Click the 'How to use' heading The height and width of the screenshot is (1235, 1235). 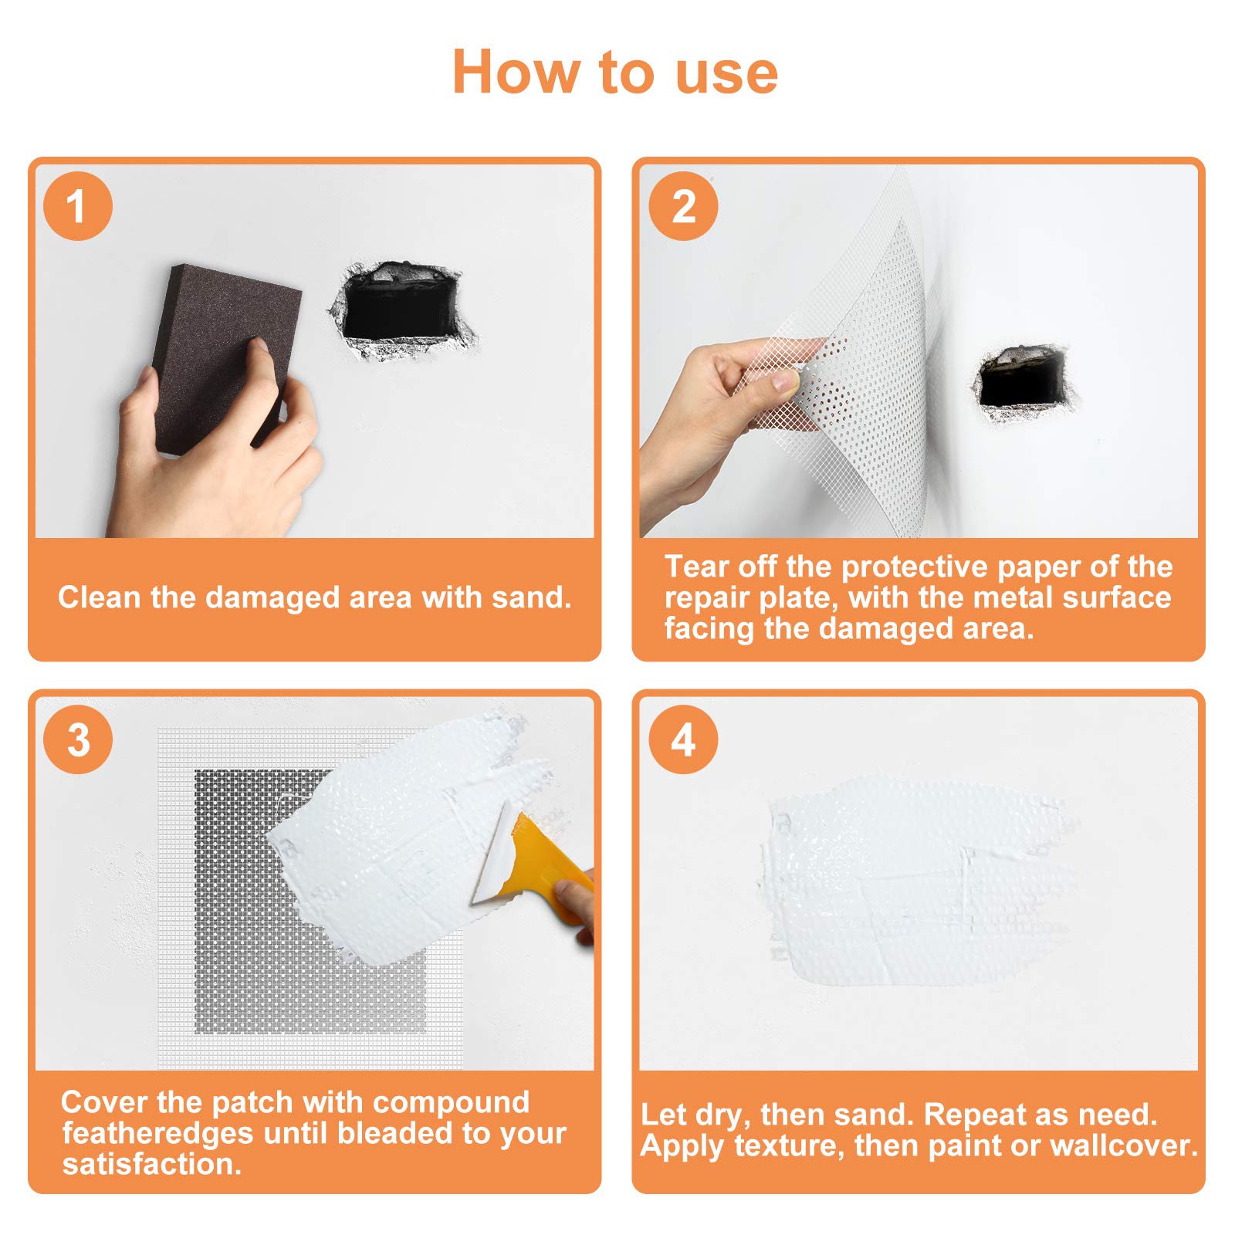[615, 72]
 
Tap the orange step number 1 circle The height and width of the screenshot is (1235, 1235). [78, 206]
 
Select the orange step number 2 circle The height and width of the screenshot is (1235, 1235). [683, 206]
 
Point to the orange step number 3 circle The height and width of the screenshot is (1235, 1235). [78, 739]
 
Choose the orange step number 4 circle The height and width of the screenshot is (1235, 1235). [683, 739]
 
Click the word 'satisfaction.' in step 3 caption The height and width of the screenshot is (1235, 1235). [152, 1164]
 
